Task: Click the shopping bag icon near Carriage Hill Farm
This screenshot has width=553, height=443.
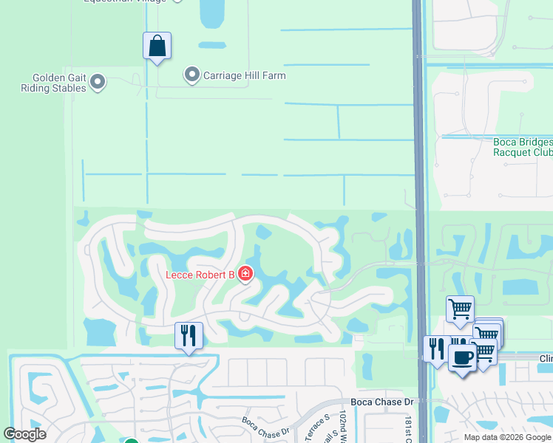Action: (157, 46)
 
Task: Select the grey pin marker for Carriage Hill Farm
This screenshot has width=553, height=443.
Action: (191, 75)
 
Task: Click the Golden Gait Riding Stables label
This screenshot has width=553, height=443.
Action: (59, 83)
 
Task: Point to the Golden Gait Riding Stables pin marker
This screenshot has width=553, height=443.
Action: (98, 82)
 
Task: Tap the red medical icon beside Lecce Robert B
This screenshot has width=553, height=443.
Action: (245, 275)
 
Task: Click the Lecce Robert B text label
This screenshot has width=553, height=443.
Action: (200, 275)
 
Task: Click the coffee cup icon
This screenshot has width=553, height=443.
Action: (463, 358)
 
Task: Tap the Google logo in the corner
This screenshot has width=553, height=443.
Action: (25, 434)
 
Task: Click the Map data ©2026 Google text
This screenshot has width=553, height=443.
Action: (507, 437)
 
